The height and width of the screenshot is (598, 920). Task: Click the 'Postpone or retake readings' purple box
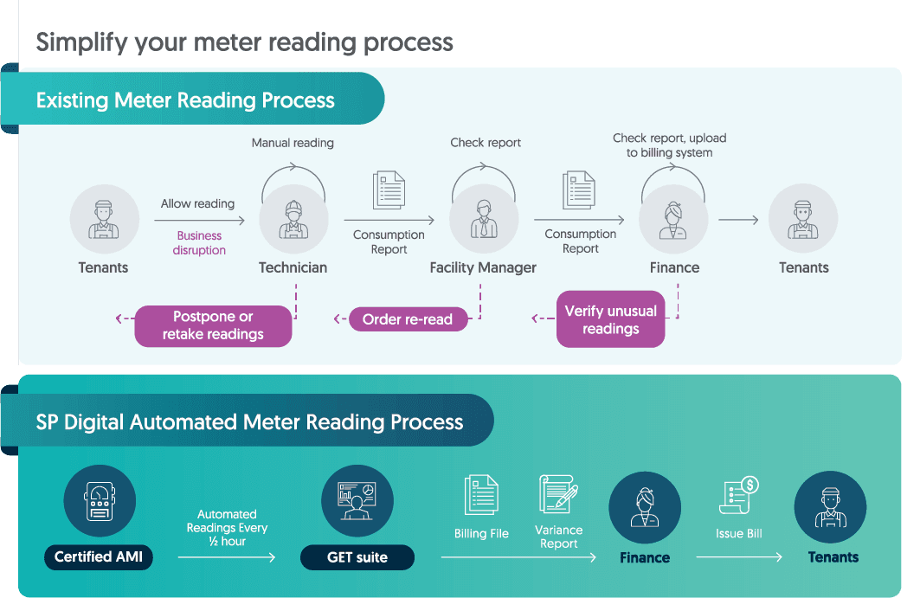coord(212,325)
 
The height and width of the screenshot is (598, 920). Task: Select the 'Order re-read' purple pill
coord(407,319)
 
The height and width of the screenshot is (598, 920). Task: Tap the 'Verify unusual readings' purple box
coord(610,320)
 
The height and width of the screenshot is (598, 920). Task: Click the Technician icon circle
coord(293,218)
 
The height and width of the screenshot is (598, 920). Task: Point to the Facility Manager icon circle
coord(484,218)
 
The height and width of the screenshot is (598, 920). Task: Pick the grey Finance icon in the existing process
coord(673,218)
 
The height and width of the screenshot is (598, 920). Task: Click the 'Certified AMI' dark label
coord(99,556)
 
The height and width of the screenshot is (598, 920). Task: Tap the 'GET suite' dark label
coord(357,557)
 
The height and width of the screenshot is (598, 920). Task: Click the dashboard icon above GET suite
coord(357,500)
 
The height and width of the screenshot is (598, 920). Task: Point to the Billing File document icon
coord(481,496)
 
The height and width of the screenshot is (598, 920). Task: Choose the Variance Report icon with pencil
coord(558,494)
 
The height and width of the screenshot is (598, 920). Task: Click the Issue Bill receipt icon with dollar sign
coord(738,497)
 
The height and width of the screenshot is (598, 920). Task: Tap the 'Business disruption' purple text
coord(199,242)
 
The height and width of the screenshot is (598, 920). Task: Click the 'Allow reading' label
coord(197,203)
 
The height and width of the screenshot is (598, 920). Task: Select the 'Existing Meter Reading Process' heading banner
coord(186,100)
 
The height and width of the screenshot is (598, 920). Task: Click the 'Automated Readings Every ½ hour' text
coord(227,528)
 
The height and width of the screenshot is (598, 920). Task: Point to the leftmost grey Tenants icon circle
coord(104,218)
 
